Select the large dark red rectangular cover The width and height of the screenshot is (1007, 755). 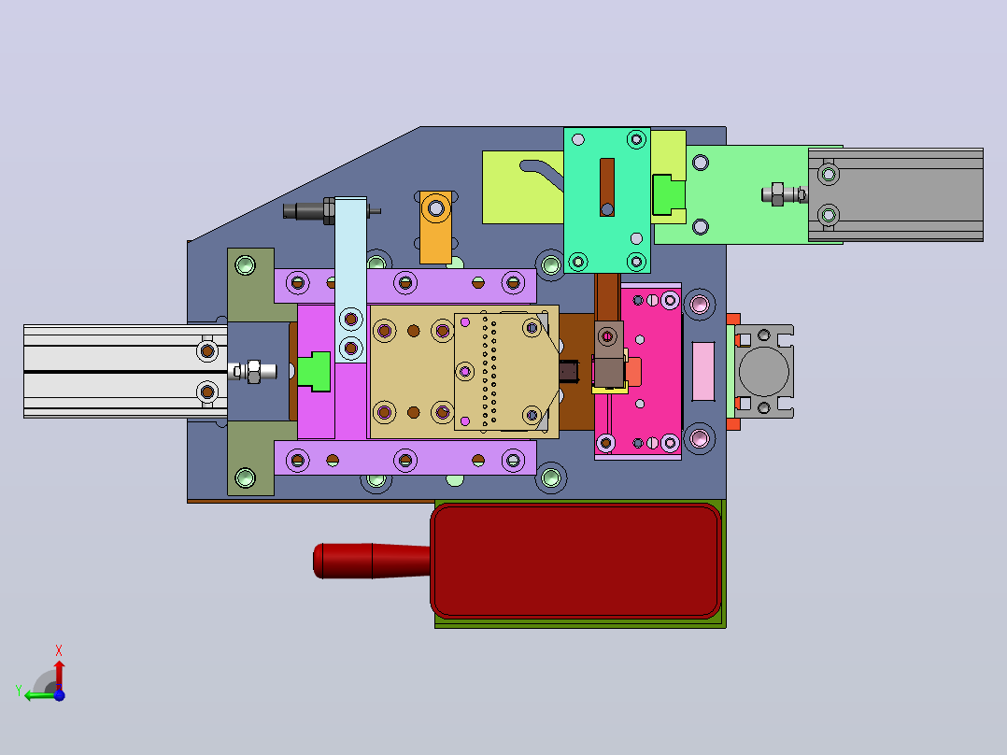pyautogui.click(x=576, y=561)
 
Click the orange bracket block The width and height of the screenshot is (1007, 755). pyautogui.click(x=435, y=227)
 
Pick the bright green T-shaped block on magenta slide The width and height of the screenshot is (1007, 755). pyautogui.click(x=315, y=371)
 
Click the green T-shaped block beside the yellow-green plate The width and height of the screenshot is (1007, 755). pyautogui.click(x=669, y=194)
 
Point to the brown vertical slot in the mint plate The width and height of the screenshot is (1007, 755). pyautogui.click(x=607, y=187)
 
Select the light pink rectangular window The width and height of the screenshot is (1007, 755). pyautogui.click(x=703, y=371)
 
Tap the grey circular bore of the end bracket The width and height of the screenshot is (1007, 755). pyautogui.click(x=763, y=371)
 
